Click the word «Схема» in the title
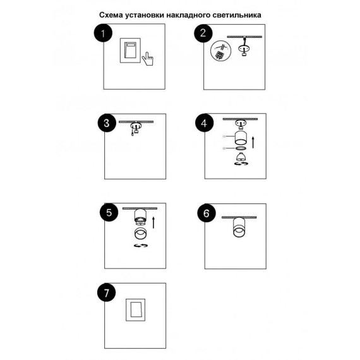(111, 15)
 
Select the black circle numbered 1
(103, 33)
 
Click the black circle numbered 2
(203, 33)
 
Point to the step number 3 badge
(107, 123)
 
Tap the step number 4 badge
(205, 123)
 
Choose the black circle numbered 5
(109, 212)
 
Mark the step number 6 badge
(207, 213)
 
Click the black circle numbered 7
(106, 292)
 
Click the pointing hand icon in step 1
(148, 59)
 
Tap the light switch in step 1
(130, 51)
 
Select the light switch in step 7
(135, 309)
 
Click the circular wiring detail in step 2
(220, 51)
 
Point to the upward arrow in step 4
(253, 142)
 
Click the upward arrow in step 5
(153, 222)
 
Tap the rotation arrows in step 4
(241, 164)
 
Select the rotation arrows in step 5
(141, 246)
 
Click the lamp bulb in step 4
(241, 157)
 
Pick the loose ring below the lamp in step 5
(140, 234)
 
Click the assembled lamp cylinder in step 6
(239, 227)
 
